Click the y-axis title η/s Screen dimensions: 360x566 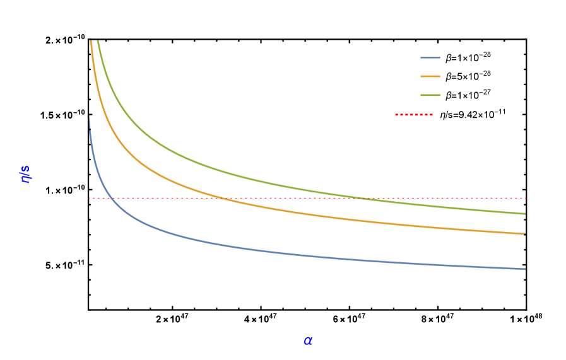tap(26, 174)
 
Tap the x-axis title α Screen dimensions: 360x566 tap(308, 340)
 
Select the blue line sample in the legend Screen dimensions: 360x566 tap(430, 57)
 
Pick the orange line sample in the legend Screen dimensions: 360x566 tap(430, 76)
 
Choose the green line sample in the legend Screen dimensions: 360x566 tap(430, 95)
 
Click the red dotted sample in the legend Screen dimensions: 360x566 tap(414, 115)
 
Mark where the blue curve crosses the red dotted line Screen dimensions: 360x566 tap(112, 198)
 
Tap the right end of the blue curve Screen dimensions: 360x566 tap(525, 269)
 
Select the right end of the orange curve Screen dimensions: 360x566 tap(525, 234)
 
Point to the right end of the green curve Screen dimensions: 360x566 tap(525, 214)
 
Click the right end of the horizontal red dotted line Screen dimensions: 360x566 tap(526, 198)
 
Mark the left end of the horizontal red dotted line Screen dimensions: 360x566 tap(89, 198)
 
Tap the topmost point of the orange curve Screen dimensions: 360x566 tap(91, 41)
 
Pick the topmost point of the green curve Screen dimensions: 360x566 tap(97, 40)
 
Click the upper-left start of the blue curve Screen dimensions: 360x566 tap(89, 117)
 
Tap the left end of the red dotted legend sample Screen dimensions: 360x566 tap(396, 115)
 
